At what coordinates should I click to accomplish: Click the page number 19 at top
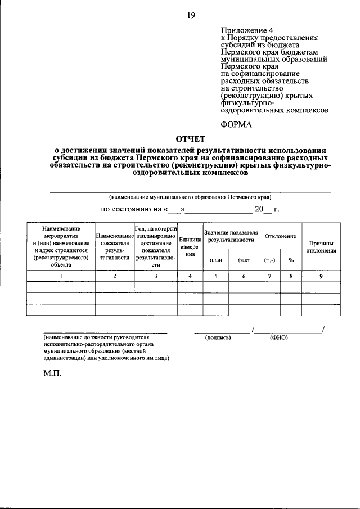click(x=191, y=16)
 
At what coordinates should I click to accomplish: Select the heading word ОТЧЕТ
click(x=191, y=138)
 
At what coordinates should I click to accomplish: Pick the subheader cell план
click(x=216, y=260)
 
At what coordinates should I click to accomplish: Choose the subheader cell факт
click(x=244, y=260)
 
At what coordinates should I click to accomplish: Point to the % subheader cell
click(x=291, y=260)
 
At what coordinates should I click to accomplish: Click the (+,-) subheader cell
click(x=269, y=260)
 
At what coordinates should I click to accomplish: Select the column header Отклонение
click(x=280, y=236)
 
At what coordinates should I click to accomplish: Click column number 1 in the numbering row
click(x=61, y=276)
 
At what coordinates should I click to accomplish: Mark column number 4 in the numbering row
click(x=191, y=276)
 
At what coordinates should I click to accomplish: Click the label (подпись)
click(x=219, y=338)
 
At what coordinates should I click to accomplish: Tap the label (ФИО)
click(x=279, y=338)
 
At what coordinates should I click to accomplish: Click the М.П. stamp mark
click(x=52, y=372)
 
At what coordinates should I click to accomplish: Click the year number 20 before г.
click(x=259, y=210)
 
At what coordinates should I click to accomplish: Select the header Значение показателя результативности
click(x=231, y=236)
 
